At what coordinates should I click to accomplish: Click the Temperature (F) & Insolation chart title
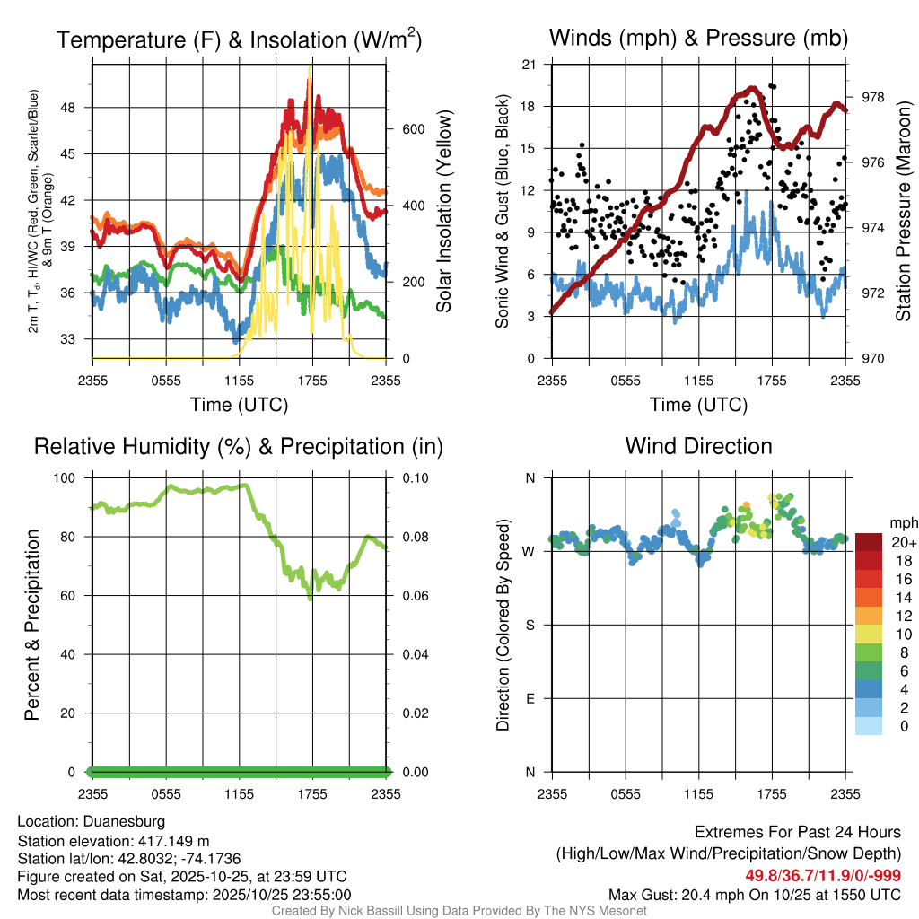239,39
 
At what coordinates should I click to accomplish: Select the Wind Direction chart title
698,446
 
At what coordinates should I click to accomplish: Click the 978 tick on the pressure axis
873,97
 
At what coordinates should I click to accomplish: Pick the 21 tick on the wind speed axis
529,65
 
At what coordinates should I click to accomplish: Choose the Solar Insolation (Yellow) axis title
443,212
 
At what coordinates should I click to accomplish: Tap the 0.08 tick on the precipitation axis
415,537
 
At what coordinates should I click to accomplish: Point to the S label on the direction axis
530,625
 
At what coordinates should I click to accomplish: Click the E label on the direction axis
530,698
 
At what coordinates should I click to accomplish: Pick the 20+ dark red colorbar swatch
869,542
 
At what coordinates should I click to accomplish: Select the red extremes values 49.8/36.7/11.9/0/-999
823,876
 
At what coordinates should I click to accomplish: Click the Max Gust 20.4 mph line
755,895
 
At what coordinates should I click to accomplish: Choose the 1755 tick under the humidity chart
312,794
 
